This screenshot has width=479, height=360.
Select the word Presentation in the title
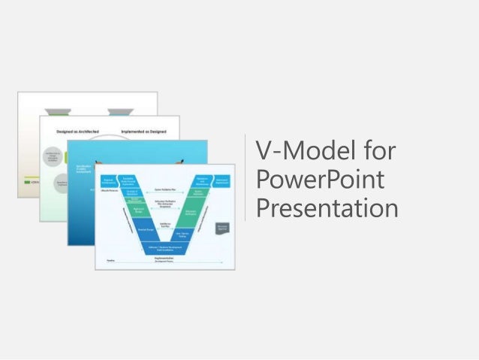[327, 207]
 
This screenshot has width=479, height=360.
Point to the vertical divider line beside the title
[246, 178]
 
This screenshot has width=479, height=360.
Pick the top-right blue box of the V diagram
[222, 181]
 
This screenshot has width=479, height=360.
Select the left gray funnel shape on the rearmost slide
[53, 111]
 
